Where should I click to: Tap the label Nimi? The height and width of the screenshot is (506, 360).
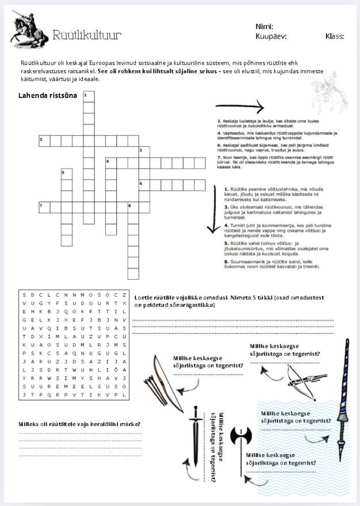(264, 26)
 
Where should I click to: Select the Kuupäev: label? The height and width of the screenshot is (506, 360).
(271, 36)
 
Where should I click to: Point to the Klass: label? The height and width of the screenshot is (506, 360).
(335, 36)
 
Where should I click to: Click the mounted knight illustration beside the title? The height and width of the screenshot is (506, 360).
(28, 30)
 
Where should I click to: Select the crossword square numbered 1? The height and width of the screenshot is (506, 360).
(89, 96)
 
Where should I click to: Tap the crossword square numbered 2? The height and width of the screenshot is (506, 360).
(44, 140)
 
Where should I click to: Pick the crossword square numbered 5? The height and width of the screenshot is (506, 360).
(67, 173)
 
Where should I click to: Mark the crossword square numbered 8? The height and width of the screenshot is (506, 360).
(132, 206)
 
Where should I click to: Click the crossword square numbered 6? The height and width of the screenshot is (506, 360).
(144, 184)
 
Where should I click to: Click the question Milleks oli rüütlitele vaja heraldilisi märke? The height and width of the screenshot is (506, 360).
(80, 424)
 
